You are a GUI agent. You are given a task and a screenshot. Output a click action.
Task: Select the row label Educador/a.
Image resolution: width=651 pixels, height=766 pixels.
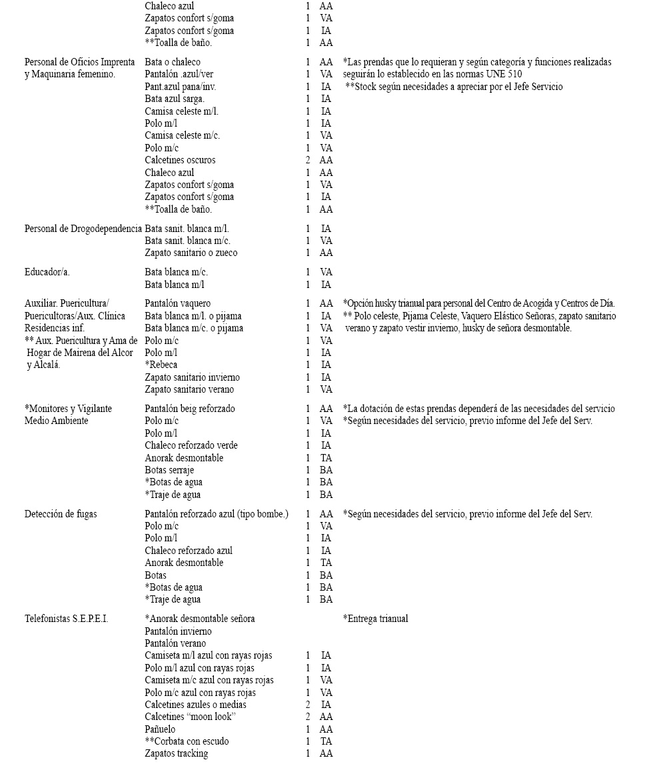click(47, 272)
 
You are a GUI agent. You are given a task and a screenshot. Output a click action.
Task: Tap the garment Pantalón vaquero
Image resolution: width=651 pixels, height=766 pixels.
click(177, 303)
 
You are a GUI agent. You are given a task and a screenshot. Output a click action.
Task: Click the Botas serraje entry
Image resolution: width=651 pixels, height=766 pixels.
click(169, 470)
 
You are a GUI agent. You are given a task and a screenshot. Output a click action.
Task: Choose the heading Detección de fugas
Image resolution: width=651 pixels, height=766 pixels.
click(61, 514)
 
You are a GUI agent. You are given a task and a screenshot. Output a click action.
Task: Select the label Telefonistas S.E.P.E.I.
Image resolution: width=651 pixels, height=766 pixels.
click(66, 619)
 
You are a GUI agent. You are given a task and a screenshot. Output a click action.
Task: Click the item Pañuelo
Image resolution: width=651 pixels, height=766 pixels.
click(160, 729)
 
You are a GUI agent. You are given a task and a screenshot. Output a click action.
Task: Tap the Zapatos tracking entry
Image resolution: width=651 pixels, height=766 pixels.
click(176, 753)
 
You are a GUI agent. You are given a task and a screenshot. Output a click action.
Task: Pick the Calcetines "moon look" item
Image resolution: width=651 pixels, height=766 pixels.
click(191, 717)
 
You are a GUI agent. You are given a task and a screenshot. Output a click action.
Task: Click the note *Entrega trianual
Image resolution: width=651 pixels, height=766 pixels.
click(375, 619)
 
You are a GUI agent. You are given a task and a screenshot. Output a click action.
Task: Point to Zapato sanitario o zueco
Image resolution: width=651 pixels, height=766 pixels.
click(191, 253)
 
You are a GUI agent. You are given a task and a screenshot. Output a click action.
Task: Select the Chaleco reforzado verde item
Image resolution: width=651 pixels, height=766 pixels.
click(191, 445)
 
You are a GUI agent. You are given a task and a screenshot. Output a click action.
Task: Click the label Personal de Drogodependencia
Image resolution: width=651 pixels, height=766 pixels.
click(83, 229)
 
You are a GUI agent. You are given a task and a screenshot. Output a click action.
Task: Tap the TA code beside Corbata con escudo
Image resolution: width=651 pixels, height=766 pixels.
click(326, 741)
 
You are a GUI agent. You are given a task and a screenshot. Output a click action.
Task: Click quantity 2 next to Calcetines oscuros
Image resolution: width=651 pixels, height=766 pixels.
click(308, 160)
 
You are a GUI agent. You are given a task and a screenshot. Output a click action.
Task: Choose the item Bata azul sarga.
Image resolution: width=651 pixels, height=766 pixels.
click(175, 99)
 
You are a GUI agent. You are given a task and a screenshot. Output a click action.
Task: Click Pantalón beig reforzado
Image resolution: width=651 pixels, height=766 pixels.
click(190, 409)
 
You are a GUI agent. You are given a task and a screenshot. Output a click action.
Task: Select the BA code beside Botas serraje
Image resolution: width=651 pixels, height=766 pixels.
click(326, 470)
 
